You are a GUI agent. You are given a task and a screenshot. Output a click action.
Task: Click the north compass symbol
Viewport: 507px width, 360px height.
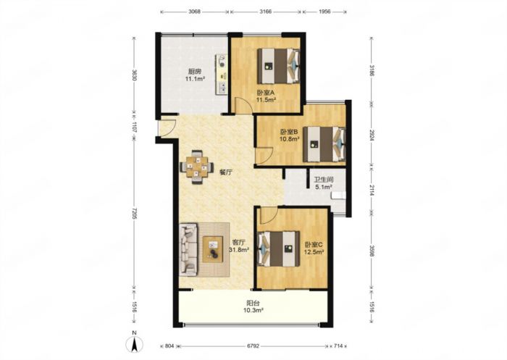[135, 342]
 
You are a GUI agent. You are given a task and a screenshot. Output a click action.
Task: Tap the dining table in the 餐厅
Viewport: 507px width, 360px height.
[196, 167]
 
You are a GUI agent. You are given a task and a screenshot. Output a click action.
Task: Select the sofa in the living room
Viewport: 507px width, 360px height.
[189, 249]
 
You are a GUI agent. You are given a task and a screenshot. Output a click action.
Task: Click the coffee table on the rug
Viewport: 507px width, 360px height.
[213, 249]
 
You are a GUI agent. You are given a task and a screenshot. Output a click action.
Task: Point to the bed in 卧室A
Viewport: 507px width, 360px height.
[279, 66]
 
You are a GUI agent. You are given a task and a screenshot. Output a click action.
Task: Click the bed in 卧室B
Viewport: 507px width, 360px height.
[324, 144]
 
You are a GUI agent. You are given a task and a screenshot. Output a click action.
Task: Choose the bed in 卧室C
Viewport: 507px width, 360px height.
[278, 248]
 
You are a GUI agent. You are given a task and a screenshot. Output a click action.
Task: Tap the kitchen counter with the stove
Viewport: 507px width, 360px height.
[222, 74]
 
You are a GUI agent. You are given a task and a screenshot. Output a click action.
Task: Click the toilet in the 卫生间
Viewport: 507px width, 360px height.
[338, 195]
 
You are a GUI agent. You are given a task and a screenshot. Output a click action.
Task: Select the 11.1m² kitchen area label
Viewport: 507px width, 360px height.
[195, 79]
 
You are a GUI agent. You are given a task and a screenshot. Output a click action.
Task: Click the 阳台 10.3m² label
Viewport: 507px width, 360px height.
[253, 307]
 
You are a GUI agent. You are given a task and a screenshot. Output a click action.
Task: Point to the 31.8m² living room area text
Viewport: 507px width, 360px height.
[238, 250]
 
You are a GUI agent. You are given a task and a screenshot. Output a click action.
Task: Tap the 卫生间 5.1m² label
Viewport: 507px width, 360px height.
[324, 183]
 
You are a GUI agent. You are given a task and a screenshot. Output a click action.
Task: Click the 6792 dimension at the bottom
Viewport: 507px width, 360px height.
[253, 346]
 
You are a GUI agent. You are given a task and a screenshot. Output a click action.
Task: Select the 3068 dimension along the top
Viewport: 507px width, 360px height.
[194, 12]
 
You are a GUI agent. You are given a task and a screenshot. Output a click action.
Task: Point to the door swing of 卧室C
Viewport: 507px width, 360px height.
[269, 215]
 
